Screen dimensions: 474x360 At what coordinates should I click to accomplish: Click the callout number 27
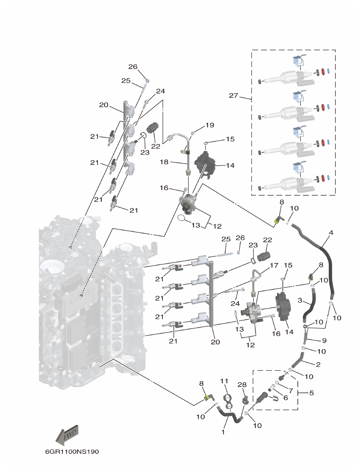pos(233,95)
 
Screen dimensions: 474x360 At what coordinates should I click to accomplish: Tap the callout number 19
pos(209,125)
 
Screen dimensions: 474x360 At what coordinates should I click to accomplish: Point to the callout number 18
pos(164,162)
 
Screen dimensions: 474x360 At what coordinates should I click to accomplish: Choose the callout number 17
pos(274,266)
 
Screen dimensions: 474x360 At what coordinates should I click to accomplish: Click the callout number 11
pos(225,382)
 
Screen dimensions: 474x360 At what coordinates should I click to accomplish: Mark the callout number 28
pos(242,384)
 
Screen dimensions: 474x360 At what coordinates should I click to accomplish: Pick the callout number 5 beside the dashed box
pos(311,393)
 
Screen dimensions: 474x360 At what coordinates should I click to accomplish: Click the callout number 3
pos(300,300)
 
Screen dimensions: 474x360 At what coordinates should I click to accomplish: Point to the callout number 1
pos(223,431)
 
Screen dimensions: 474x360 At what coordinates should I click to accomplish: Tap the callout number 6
pos(286,398)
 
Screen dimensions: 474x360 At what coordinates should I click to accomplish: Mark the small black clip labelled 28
pos(245,400)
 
